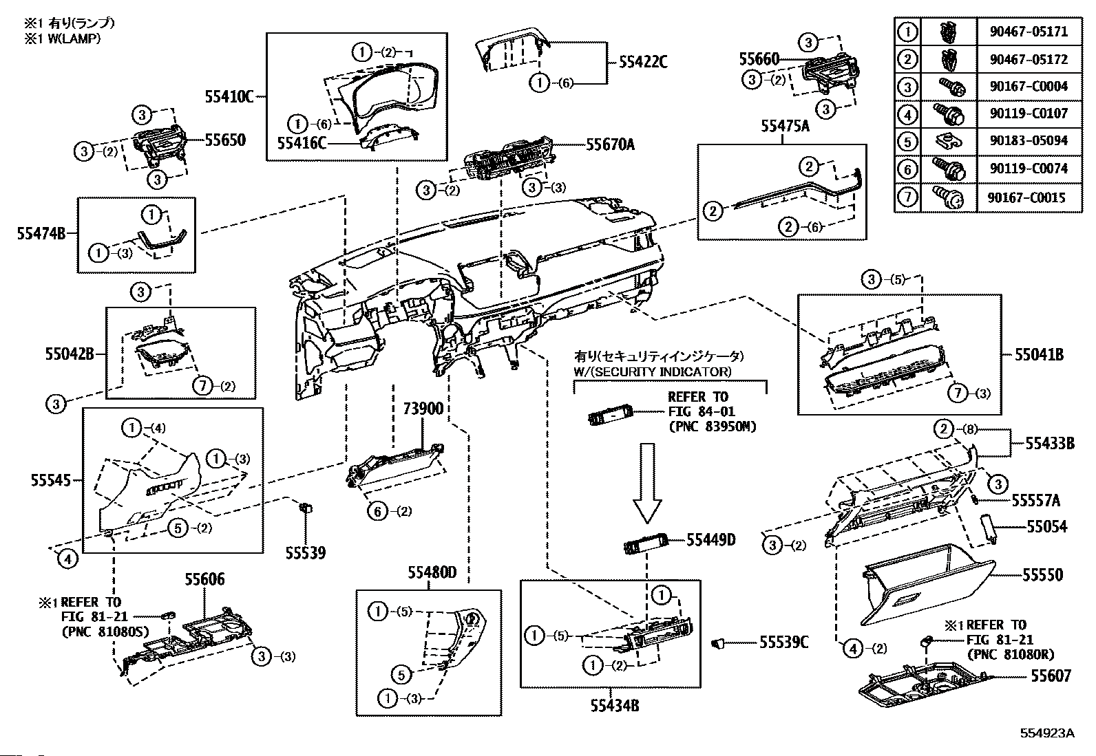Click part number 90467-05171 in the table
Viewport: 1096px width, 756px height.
click(x=1029, y=32)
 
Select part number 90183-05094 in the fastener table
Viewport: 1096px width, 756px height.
click(x=1029, y=141)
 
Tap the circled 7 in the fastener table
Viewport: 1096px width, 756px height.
click(x=907, y=197)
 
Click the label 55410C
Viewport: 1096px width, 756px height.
click(x=229, y=97)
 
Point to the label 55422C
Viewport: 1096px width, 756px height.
click(x=643, y=62)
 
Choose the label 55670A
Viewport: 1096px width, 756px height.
click(x=610, y=144)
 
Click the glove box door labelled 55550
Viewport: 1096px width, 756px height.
click(x=927, y=584)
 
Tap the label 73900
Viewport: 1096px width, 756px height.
click(x=423, y=409)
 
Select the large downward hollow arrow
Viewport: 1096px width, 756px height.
click(x=647, y=483)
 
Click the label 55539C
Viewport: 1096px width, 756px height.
click(x=783, y=642)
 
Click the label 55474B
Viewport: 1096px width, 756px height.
click(x=41, y=234)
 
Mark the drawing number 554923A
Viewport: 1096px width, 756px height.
click(x=1046, y=733)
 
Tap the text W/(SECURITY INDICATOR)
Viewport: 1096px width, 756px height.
click(x=653, y=371)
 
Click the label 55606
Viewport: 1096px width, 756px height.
click(x=204, y=579)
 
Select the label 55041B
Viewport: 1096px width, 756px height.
click(x=1039, y=354)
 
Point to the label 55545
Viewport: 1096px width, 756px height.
click(x=51, y=480)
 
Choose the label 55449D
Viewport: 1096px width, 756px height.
click(x=710, y=540)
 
